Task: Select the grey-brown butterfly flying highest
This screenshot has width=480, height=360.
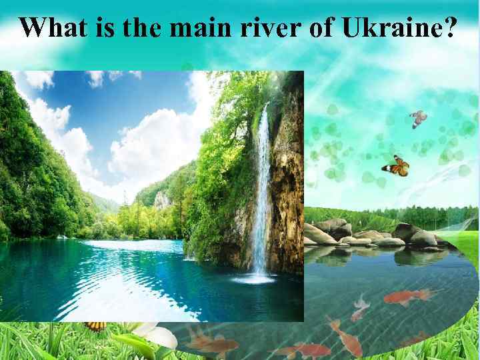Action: pyautogui.click(x=418, y=119)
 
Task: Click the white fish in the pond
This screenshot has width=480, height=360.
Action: pyautogui.click(x=361, y=307)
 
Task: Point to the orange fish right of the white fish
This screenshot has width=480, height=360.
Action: pyautogui.click(x=407, y=297)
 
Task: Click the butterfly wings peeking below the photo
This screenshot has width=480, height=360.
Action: pyautogui.click(x=96, y=326)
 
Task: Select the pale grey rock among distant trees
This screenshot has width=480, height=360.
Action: pyautogui.click(x=162, y=199)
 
